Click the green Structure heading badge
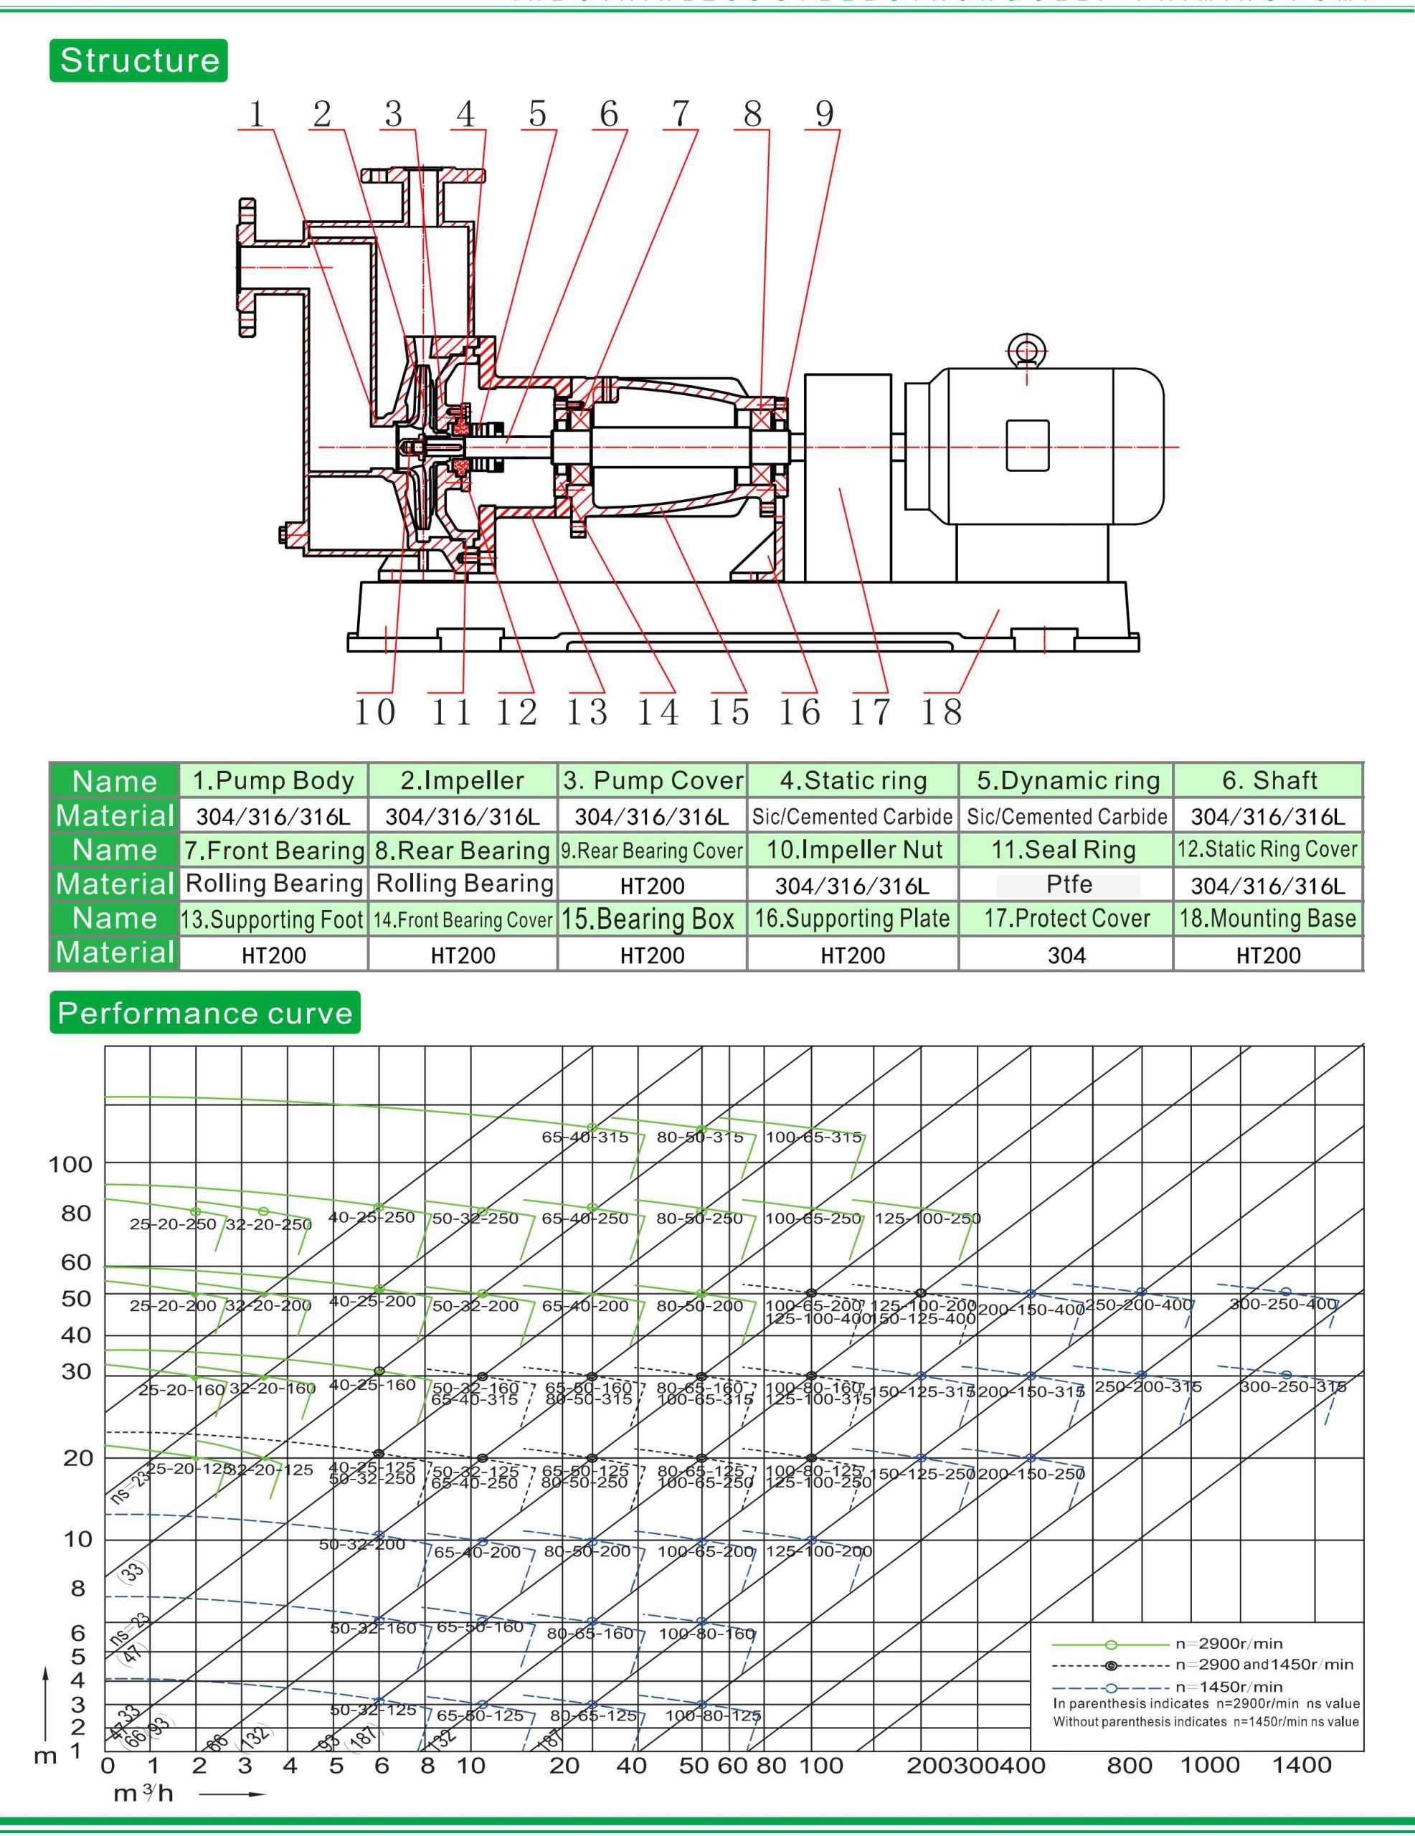[x=138, y=60]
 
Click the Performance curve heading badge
[x=204, y=1012]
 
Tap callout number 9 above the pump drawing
[x=824, y=113]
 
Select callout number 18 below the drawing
[x=941, y=711]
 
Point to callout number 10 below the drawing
[x=374, y=711]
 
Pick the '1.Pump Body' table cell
[x=273, y=780]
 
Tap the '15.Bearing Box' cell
[x=652, y=919]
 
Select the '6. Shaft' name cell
[x=1269, y=780]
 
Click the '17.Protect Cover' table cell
[x=1067, y=919]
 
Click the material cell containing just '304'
[x=1067, y=955]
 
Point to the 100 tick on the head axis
[x=70, y=1164]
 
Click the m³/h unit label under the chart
[x=143, y=1793]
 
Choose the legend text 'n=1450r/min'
[x=1229, y=1685]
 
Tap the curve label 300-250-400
[x=1282, y=1304]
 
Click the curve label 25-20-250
[x=172, y=1224]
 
